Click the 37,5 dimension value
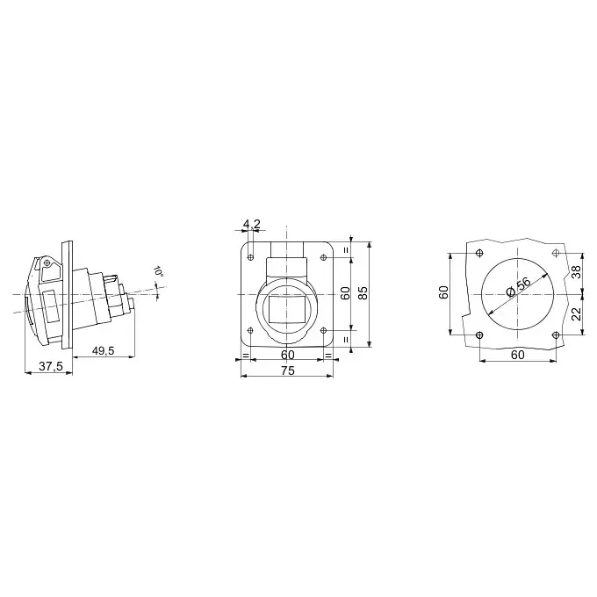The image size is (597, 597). click(51, 366)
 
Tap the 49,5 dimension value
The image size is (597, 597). click(103, 350)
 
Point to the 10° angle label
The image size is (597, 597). click(158, 271)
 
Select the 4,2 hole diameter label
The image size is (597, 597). click(252, 224)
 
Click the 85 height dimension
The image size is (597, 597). click(363, 292)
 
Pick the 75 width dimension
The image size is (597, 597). click(288, 370)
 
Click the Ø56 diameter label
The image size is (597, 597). click(518, 287)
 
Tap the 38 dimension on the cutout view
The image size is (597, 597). click(577, 272)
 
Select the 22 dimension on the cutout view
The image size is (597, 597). click(577, 313)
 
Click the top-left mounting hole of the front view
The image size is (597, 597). click(250, 257)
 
